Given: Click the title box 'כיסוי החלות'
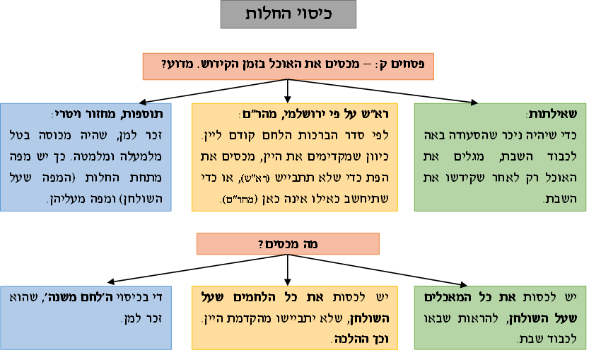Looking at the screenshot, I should coord(288,15).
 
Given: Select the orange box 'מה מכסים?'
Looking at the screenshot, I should coord(288,244).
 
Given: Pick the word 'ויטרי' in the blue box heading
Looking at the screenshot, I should coord(66,115).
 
